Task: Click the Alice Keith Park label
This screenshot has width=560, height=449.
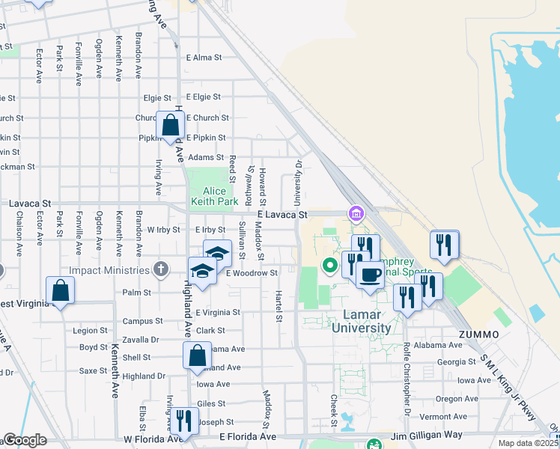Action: tap(215, 196)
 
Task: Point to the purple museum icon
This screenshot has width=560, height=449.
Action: tap(356, 216)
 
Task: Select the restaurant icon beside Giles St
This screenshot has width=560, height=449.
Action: tap(183, 421)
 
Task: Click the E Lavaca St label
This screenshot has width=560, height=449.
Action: tap(282, 215)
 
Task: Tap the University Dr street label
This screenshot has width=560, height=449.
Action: tap(298, 183)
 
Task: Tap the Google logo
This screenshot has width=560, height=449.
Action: tap(25, 440)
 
